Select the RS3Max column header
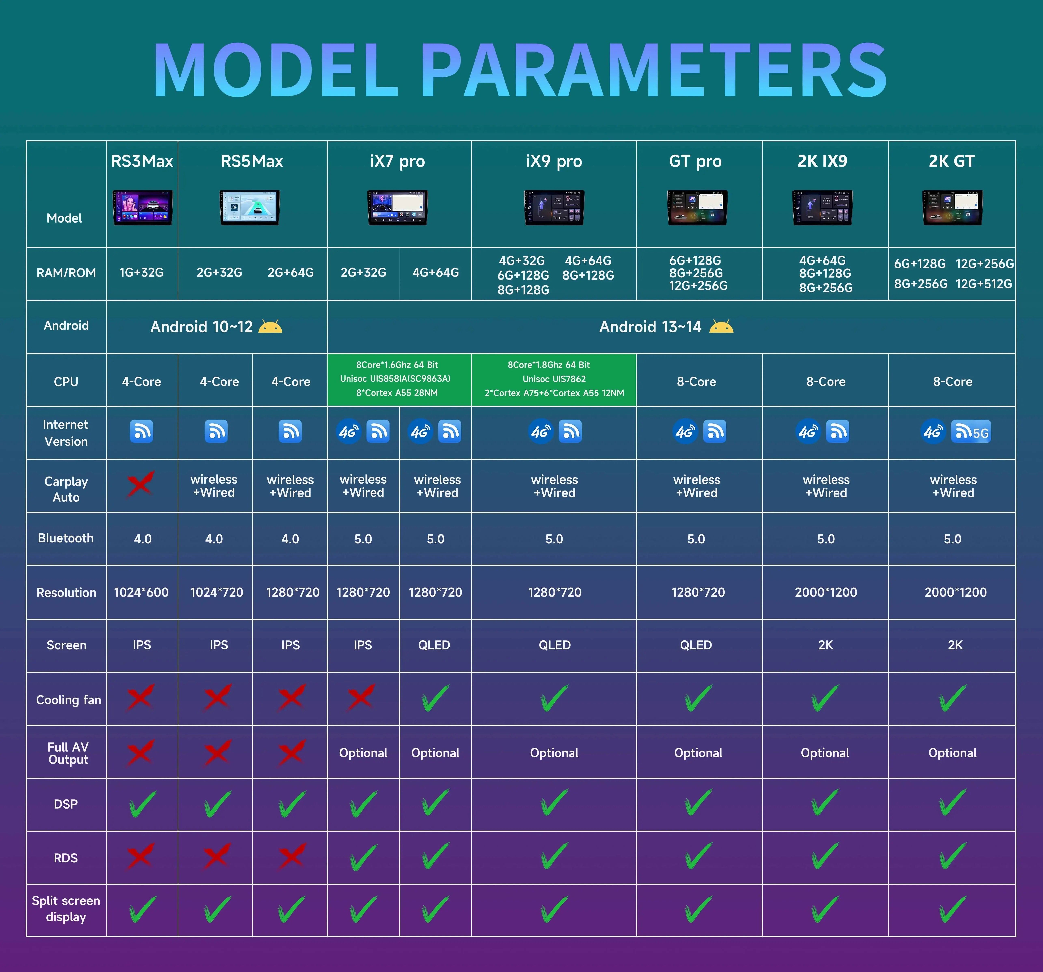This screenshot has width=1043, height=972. [142, 161]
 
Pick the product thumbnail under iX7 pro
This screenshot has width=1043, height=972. [398, 208]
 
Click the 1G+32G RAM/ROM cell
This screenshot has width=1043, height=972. [142, 273]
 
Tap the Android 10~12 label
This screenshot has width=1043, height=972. [201, 327]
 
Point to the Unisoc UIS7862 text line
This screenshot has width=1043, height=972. [554, 379]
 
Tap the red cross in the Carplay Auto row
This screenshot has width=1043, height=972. [140, 484]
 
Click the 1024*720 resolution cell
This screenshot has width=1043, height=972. [217, 592]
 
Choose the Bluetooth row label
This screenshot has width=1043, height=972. [66, 538]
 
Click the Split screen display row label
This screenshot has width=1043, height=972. [66, 909]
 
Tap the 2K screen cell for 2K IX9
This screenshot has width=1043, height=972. [826, 645]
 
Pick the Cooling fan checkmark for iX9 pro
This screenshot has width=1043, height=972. [554, 698]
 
